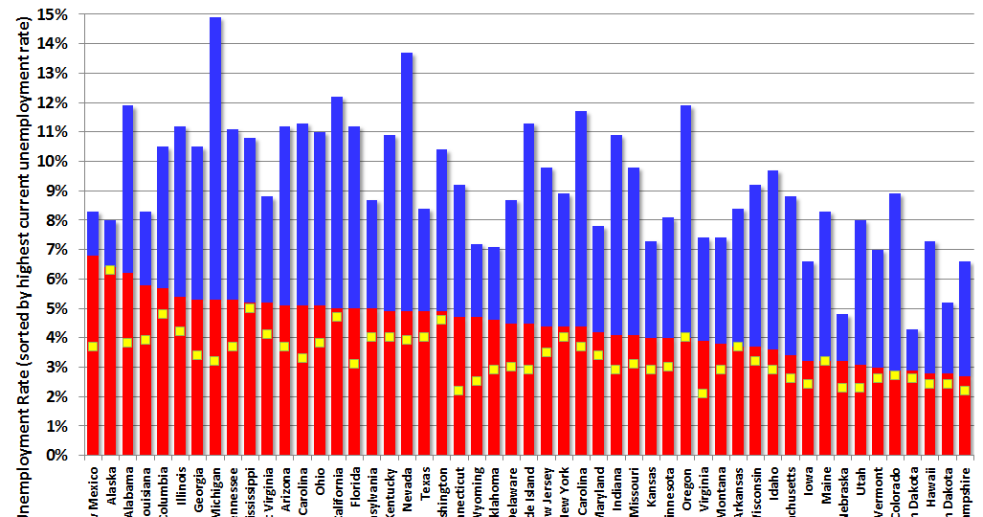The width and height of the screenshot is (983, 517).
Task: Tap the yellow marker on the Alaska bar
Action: coord(110,270)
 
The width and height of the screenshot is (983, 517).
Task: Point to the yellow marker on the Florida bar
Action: coord(354,364)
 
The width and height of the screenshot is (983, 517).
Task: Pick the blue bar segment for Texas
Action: coord(424,259)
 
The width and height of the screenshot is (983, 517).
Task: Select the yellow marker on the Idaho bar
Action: coord(772,370)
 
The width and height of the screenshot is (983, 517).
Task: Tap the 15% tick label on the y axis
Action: coord(52,14)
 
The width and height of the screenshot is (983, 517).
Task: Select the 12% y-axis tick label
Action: coord(52,102)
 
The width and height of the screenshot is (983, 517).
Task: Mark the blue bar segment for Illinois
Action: coord(180,211)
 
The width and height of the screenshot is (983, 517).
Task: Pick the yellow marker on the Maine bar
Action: coord(825,361)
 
